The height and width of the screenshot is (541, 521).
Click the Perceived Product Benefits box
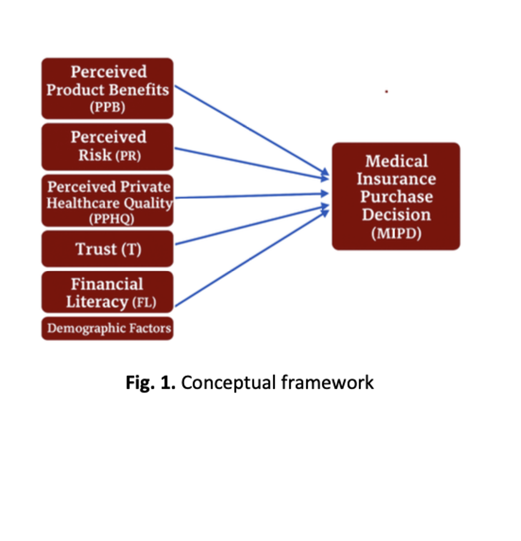coord(107,88)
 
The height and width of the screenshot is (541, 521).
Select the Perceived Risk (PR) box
coord(107,146)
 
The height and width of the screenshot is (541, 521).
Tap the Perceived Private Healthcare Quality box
coord(107,201)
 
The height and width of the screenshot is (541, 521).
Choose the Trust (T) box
coord(107,249)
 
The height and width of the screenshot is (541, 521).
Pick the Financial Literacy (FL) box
coord(107,292)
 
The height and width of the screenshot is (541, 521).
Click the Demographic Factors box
coord(107,328)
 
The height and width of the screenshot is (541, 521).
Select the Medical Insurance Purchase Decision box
coord(396,196)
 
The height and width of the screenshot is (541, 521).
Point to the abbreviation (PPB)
coord(107,107)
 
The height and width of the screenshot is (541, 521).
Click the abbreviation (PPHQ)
coord(112,219)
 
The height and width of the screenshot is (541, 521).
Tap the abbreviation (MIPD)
coord(396,234)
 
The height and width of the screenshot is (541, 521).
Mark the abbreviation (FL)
coord(144,304)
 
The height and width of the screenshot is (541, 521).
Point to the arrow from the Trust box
coord(249,226)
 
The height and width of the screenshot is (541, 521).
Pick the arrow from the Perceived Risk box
coord(249,163)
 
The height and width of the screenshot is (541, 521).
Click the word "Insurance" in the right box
coord(396,179)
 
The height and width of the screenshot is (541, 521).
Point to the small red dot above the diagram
coord(386,92)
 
